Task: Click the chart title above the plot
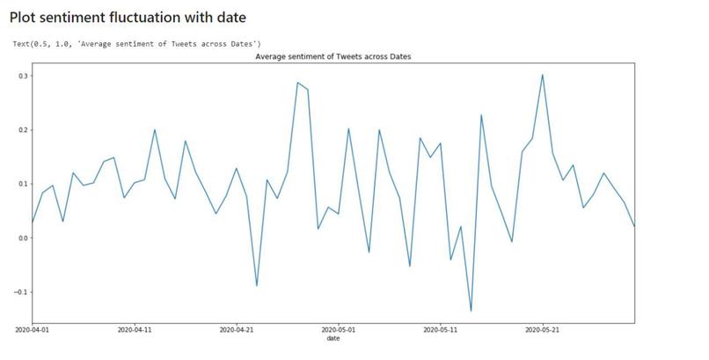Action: point(333,56)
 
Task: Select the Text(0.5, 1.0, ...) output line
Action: point(136,43)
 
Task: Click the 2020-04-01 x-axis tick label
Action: point(32,330)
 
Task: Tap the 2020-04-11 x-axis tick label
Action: point(134,330)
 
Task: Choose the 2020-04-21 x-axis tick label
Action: point(236,330)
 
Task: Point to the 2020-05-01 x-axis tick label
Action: point(338,330)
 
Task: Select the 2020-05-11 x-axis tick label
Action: point(440,330)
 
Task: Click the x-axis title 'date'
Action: point(333,338)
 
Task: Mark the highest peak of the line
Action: point(542,74)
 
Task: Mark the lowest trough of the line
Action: point(471,311)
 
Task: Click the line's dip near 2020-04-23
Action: point(256,285)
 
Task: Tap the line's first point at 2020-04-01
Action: point(33,223)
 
